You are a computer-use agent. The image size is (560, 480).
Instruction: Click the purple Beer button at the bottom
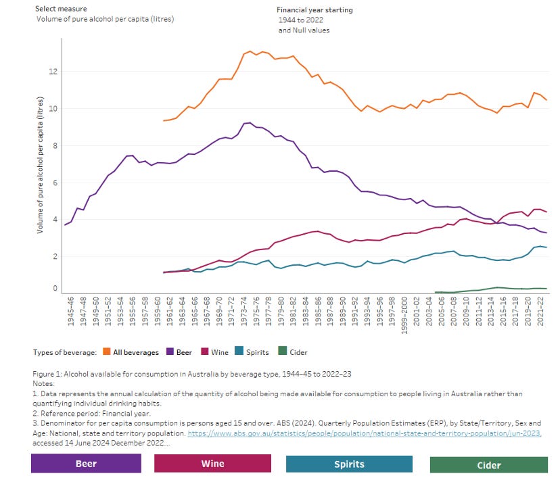click(86, 463)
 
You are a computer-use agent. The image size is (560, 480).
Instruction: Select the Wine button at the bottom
click(212, 463)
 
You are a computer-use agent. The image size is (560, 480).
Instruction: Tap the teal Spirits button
click(349, 464)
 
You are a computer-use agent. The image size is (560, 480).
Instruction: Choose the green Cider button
click(488, 464)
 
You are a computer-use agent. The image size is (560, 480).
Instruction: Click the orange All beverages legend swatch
click(108, 352)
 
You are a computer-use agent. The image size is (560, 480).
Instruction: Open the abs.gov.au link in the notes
click(363, 433)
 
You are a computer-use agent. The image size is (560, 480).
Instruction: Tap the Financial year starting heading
click(314, 10)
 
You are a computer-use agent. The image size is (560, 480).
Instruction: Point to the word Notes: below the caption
click(44, 383)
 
